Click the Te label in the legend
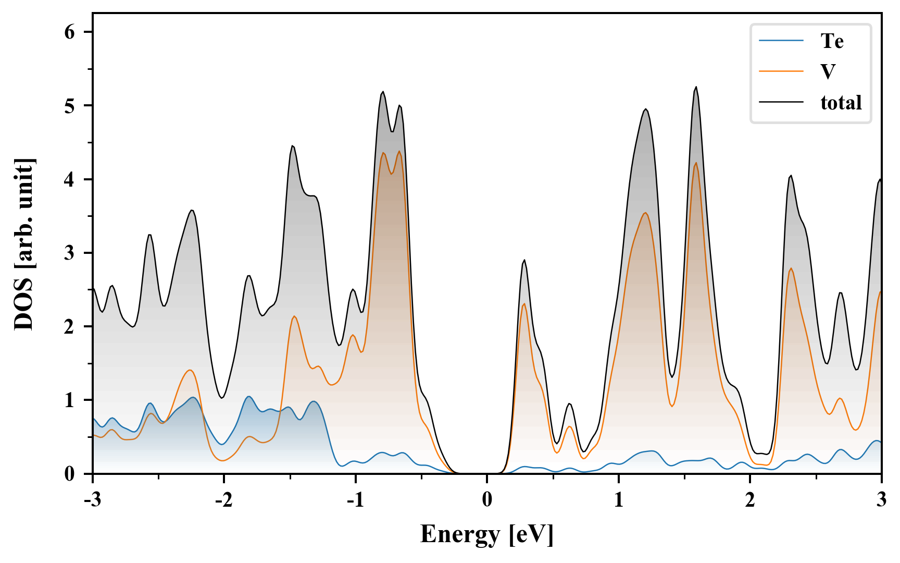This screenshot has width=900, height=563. click(832, 41)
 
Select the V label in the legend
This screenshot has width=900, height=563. click(828, 71)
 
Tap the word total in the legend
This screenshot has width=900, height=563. click(841, 102)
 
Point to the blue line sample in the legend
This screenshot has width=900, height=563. click(781, 41)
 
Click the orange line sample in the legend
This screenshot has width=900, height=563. click(781, 71)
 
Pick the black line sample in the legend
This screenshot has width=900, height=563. click(781, 102)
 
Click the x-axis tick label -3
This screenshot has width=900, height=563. click(92, 499)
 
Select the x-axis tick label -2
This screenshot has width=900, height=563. click(223, 499)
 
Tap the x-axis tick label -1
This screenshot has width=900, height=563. click(355, 499)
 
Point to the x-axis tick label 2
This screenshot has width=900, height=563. click(750, 499)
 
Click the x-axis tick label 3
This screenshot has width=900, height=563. click(881, 499)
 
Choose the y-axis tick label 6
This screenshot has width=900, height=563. click(70, 32)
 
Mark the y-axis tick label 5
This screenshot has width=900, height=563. click(70, 106)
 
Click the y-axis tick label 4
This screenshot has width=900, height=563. click(70, 179)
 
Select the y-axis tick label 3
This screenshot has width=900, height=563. click(70, 253)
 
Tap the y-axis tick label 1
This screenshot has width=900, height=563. click(70, 400)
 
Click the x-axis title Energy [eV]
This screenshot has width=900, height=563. click(486, 534)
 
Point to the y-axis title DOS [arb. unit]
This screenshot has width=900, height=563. click(24, 244)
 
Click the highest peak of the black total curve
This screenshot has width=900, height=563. click(696, 87)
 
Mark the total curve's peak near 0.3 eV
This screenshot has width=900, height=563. click(524, 260)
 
